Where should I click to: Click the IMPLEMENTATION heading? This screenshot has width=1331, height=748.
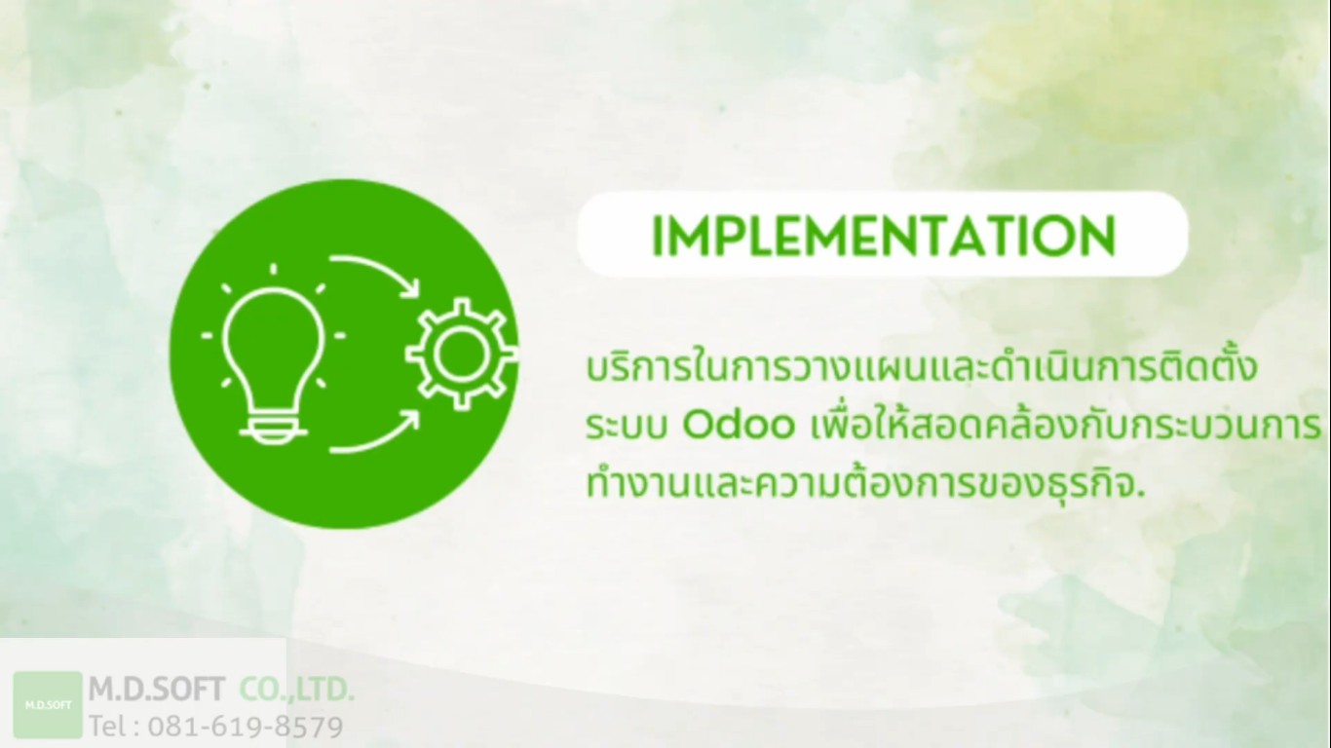(x=884, y=236)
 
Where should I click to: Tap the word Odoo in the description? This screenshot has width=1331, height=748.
(x=739, y=425)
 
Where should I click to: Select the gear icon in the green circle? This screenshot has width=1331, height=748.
(x=462, y=355)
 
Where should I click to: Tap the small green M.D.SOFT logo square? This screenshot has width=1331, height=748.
(x=48, y=704)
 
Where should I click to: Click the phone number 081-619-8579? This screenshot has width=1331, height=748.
(x=246, y=726)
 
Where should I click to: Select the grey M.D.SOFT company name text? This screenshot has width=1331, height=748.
(x=157, y=690)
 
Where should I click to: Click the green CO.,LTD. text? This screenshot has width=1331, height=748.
(x=297, y=690)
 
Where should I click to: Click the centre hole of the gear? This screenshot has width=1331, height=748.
(x=462, y=355)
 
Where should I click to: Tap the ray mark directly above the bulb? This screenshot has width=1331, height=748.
(x=274, y=269)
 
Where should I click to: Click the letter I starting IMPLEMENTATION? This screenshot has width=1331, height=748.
(x=656, y=236)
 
